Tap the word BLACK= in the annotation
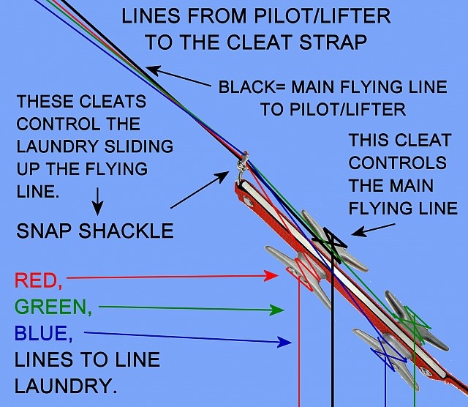(251, 87)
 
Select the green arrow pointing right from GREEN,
(190, 309)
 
